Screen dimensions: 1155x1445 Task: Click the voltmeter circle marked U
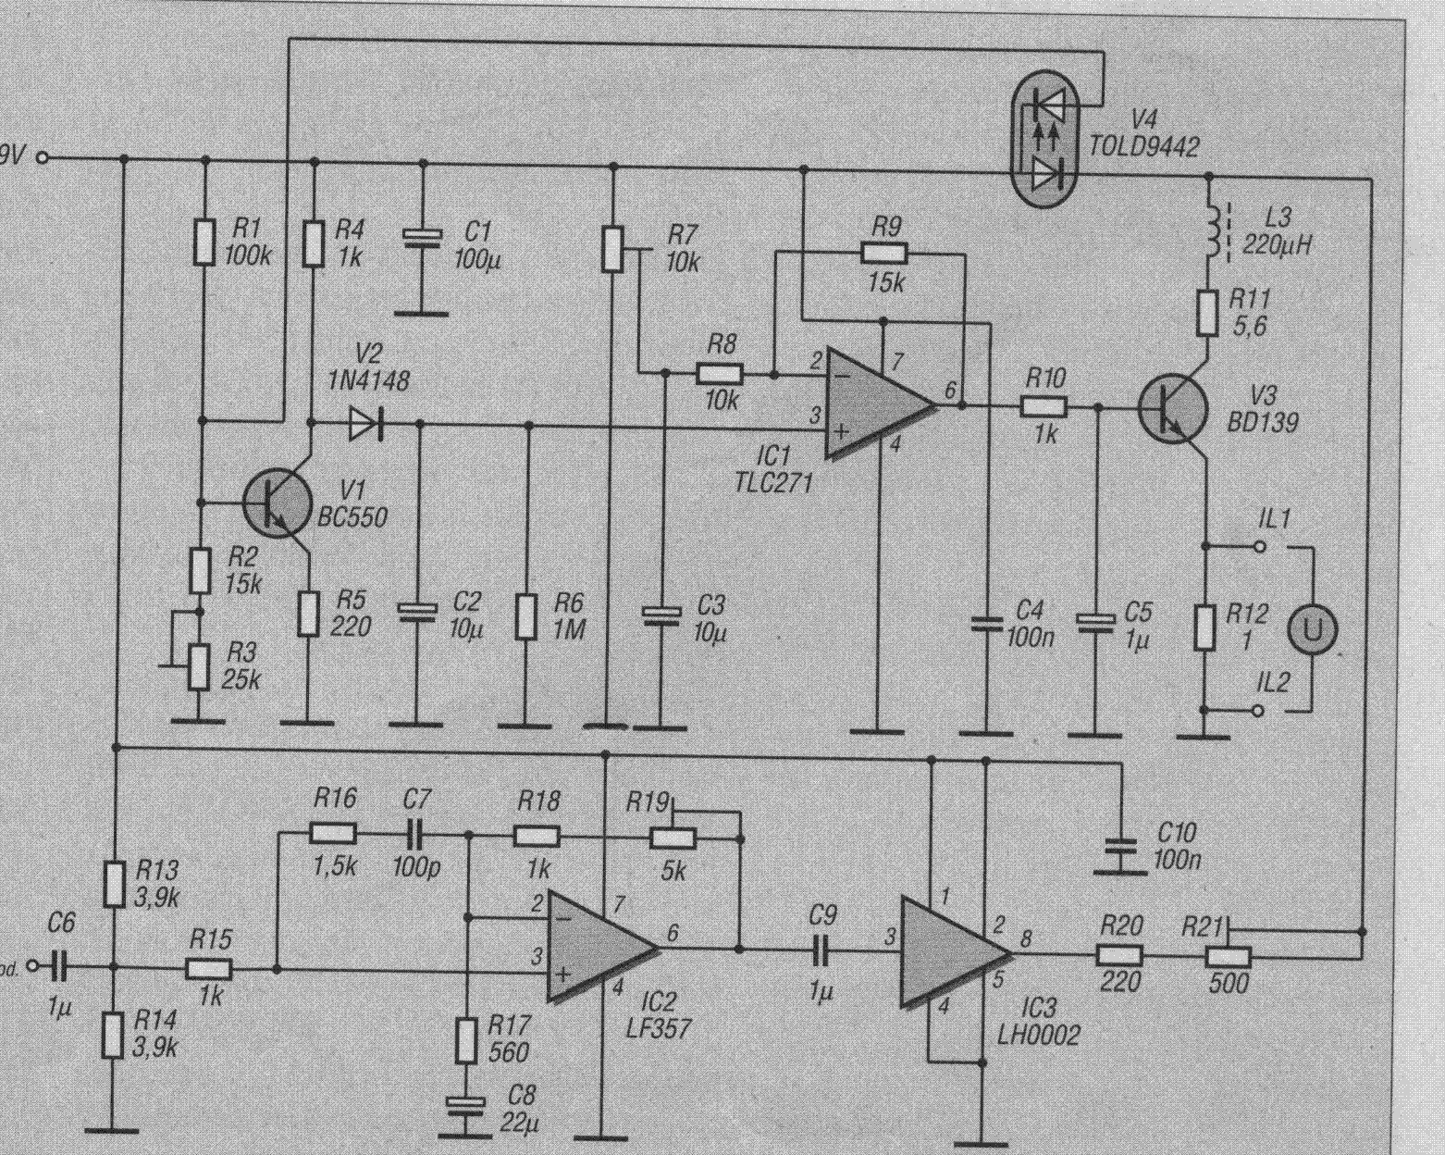coord(1313,629)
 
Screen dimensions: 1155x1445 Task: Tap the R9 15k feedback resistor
coord(884,252)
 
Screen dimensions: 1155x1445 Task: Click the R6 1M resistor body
coord(526,616)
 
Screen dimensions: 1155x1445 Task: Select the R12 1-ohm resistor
coord(1204,627)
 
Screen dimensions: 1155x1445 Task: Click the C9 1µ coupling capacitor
coord(820,949)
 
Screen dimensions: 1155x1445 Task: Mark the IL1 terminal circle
coord(1259,546)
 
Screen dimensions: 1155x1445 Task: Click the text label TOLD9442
coord(1143,145)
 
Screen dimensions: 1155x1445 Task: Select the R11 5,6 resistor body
coord(1207,313)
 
